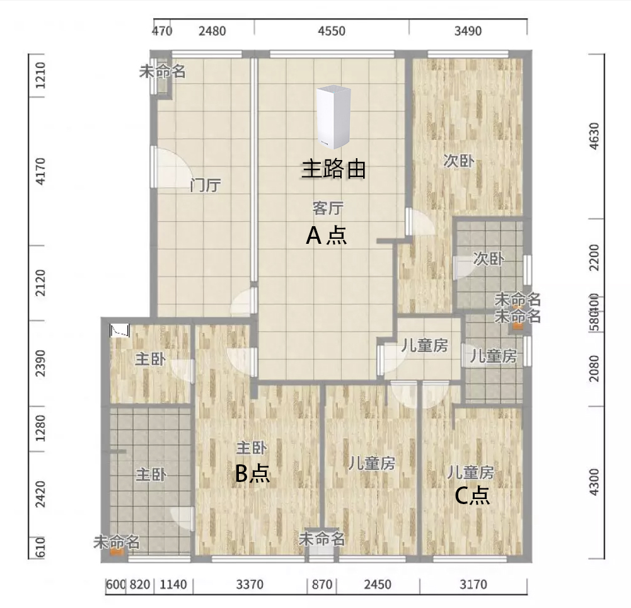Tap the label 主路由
(x=334, y=169)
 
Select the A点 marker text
(x=326, y=236)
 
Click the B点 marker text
(x=252, y=473)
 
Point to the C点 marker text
(x=472, y=496)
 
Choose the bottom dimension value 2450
(x=376, y=585)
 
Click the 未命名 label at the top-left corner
(x=162, y=72)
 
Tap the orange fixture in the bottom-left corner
(x=116, y=551)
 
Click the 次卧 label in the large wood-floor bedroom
(x=458, y=161)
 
